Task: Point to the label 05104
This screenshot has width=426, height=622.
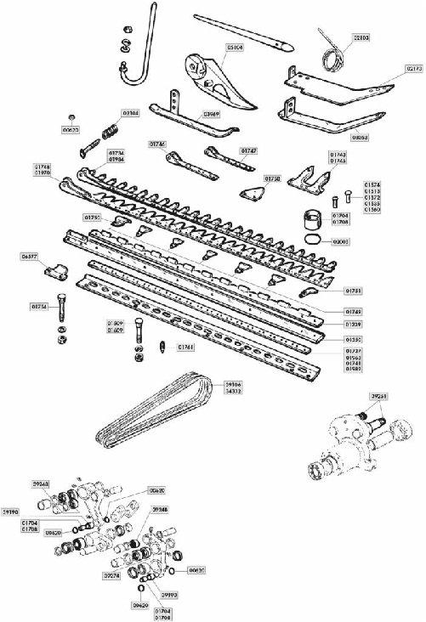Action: coord(235,48)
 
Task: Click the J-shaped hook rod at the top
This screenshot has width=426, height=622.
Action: coord(142,51)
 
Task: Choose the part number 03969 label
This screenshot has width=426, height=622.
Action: coord(212,113)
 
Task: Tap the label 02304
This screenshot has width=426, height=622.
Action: coord(130,112)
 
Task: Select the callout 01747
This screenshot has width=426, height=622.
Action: coord(248,150)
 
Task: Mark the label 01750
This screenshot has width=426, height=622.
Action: coord(272,179)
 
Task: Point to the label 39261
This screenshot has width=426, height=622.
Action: coord(381,396)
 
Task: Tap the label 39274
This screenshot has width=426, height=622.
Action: coord(110,575)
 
